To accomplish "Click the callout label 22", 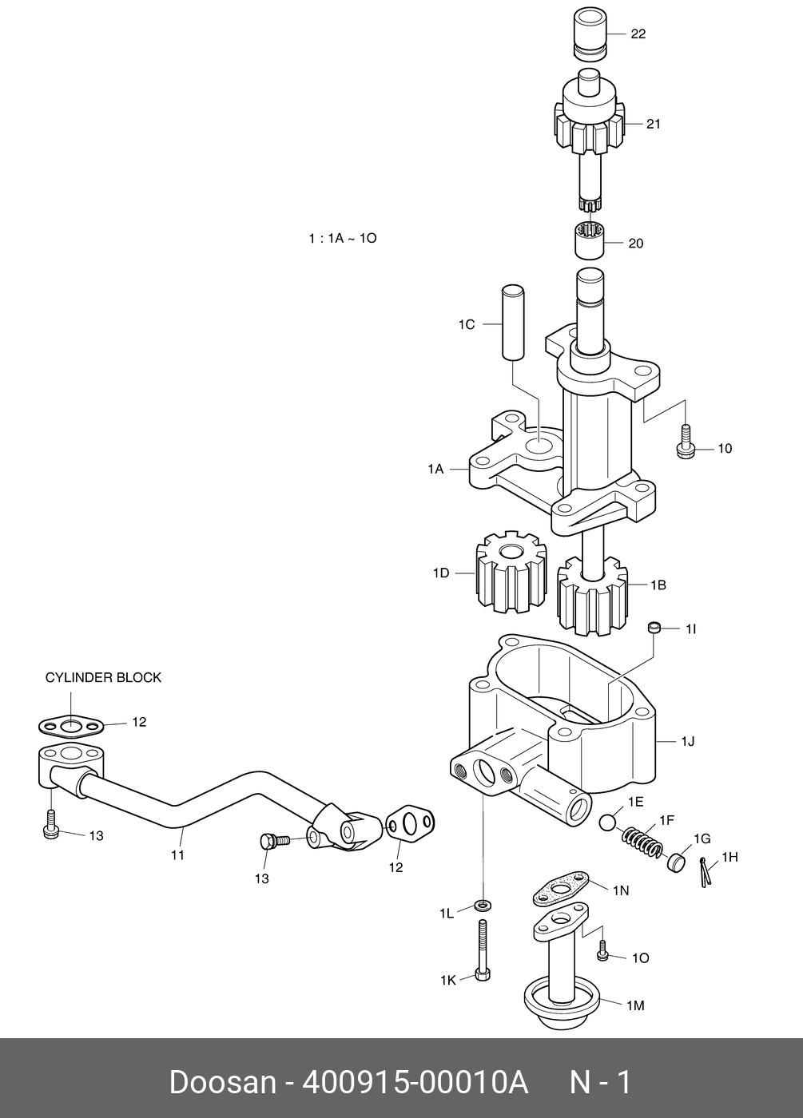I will coord(638,34).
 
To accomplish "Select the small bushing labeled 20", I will coord(589,240).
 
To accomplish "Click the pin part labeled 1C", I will coord(512,321).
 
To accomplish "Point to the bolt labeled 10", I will coord(685,442).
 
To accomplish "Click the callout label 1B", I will coord(658,585).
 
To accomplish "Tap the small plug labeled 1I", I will coord(654,628).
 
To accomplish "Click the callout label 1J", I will coord(687,742).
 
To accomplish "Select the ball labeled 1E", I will coord(609,823).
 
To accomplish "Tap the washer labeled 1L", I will coord(482,905).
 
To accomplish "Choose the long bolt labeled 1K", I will coord(482,950).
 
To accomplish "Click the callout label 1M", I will coord(634,1006).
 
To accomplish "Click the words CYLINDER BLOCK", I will coord(103,678).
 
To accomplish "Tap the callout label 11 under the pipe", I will coord(177,854).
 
